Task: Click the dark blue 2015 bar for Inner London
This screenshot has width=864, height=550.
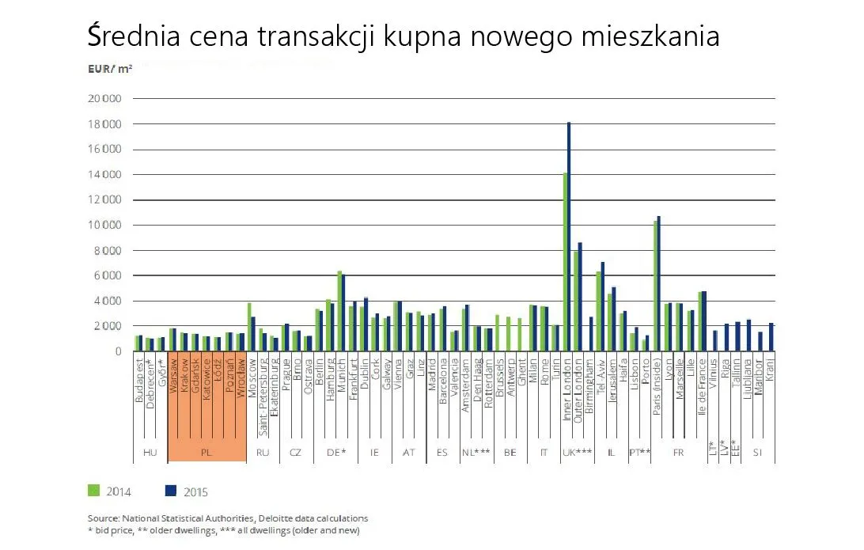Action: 569,237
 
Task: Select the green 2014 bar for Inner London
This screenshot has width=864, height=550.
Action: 565,261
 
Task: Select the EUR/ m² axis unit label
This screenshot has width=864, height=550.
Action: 110,70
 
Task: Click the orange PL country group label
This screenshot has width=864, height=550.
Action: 206,453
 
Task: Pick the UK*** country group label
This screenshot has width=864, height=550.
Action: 577,453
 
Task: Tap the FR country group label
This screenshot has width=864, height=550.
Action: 678,453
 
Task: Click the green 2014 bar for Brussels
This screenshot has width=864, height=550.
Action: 498,333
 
